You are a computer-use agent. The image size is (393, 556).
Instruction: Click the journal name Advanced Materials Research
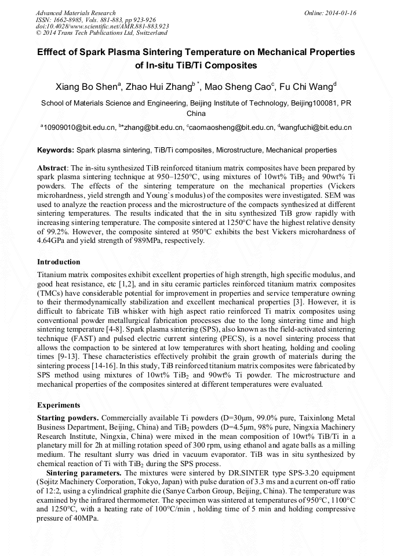(75, 13)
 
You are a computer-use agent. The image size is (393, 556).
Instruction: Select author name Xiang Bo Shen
(86, 87)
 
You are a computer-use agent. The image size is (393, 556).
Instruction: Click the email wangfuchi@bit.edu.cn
(316, 127)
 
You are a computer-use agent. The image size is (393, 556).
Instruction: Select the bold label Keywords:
(56, 150)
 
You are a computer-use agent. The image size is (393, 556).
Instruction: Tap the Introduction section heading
(59, 262)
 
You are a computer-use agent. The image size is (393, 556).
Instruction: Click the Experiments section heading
(59, 405)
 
